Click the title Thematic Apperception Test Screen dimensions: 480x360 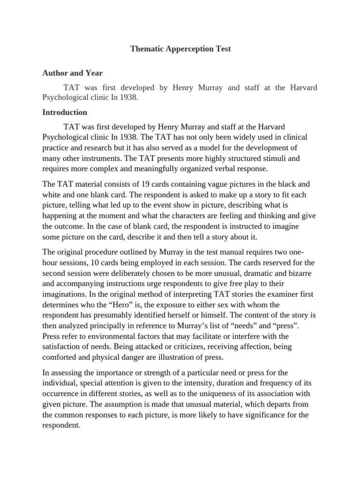click(180, 49)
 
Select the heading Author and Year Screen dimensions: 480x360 click(73, 73)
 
